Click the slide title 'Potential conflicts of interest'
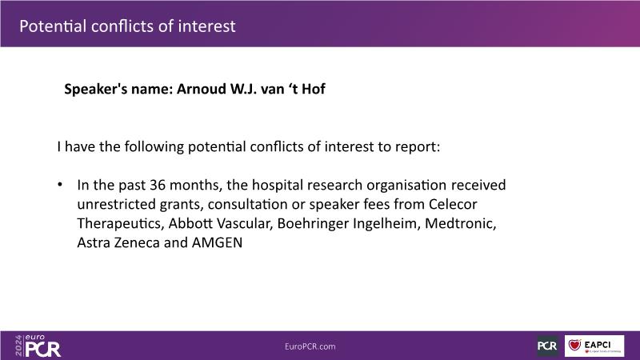pos(127,26)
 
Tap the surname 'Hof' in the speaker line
pos(314,89)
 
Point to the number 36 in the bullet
pos(157,185)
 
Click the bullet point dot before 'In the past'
pos(60,185)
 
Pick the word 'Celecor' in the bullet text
pos(453,204)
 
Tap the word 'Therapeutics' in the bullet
pos(121,224)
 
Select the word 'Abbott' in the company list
pos(190,223)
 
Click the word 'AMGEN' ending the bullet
pos(217,242)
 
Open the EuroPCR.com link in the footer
pos(310,346)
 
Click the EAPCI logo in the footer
pos(594,346)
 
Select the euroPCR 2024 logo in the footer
pos(38,346)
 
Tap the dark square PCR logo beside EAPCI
pos(547,346)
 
